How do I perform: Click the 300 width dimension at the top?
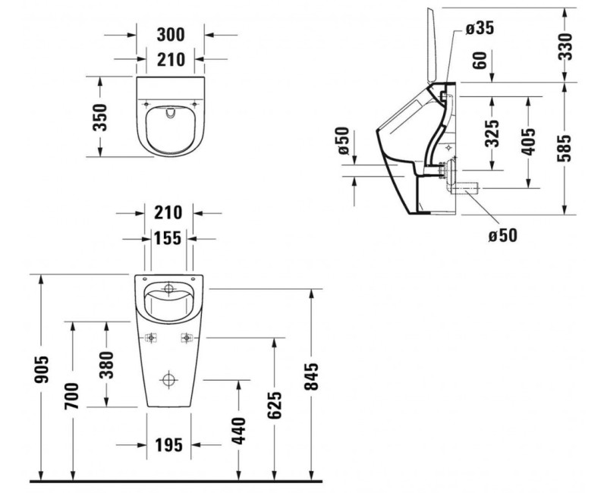(x=171, y=34)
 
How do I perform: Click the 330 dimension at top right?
(x=584, y=47)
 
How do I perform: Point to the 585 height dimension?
(x=584, y=149)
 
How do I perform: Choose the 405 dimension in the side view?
(x=529, y=140)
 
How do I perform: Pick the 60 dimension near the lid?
(x=479, y=61)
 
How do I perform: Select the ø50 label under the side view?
(x=502, y=235)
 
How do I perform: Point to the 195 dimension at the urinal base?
(x=168, y=444)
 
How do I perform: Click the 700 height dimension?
(x=72, y=396)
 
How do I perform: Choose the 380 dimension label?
(x=106, y=364)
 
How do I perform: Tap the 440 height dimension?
(x=238, y=430)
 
